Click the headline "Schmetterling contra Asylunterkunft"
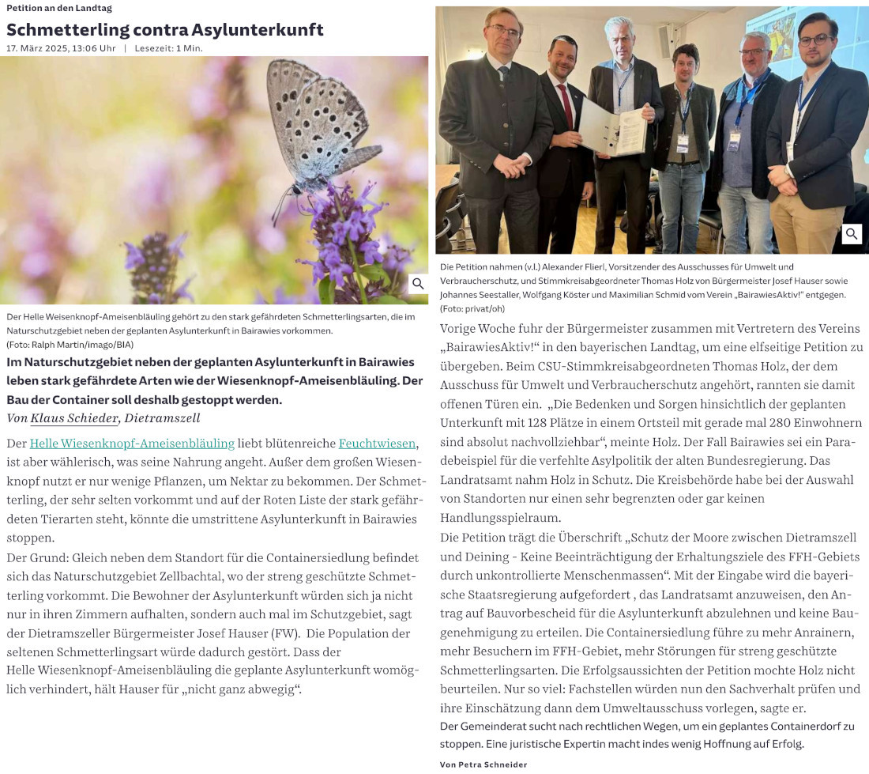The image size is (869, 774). click(x=165, y=30)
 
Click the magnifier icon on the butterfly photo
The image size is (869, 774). click(x=418, y=284)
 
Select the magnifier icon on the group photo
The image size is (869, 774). click(x=852, y=234)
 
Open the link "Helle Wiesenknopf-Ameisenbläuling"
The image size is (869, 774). click(x=132, y=444)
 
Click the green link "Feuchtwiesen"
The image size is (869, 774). click(x=377, y=444)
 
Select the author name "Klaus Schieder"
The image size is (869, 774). click(x=74, y=418)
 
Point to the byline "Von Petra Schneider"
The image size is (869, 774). click(x=483, y=765)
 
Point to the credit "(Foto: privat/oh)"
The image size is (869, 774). click(x=472, y=308)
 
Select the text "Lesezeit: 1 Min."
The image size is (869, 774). click(x=168, y=48)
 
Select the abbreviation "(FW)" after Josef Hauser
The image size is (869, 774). click(x=281, y=633)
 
